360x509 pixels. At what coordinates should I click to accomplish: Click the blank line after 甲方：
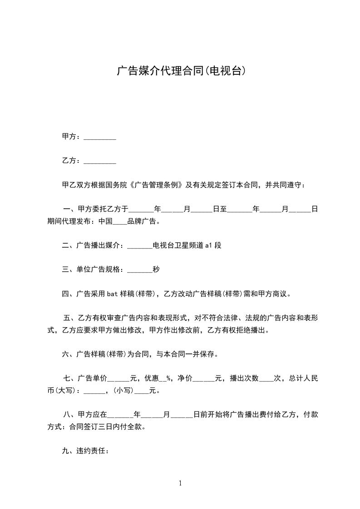100,137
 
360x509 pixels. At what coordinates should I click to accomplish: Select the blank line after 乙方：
100,161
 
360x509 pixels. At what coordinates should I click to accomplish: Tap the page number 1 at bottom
180,483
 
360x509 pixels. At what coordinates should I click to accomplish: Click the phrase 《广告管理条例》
157,185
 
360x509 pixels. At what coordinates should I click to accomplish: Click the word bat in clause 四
113,294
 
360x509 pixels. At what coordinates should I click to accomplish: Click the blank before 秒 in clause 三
140,269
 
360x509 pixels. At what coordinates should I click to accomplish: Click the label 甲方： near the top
71,137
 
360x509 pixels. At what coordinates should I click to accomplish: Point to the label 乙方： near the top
71,161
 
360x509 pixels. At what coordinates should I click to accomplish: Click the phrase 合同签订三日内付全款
105,426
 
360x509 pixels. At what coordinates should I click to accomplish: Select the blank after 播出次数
266,378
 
